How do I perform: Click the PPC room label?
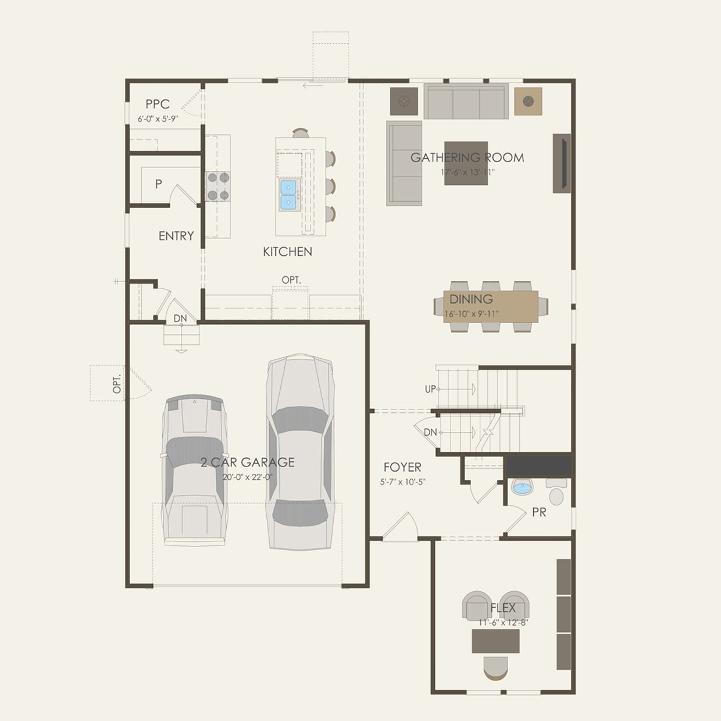(x=158, y=104)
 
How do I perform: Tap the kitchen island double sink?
(x=288, y=195)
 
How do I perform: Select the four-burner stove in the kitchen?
(x=218, y=187)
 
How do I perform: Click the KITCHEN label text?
(x=287, y=252)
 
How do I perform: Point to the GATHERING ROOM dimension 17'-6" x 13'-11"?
(x=467, y=172)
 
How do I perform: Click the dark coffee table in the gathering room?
(x=466, y=163)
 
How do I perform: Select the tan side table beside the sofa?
(x=528, y=102)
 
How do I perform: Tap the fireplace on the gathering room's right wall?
(x=562, y=163)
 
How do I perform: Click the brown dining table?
(x=491, y=306)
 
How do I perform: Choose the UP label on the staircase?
(x=430, y=389)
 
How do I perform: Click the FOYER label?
(x=402, y=467)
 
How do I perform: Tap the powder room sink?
(x=522, y=487)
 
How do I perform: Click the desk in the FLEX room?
(x=495, y=641)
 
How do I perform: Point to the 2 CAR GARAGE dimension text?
(x=248, y=477)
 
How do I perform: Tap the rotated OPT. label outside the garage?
(x=117, y=383)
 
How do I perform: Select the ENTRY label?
(x=176, y=236)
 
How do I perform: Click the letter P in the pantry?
(x=158, y=184)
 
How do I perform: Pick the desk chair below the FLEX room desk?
(x=495, y=668)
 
